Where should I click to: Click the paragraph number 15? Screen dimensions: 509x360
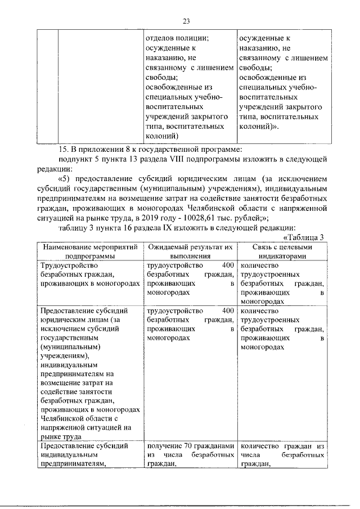pos(63,149)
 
